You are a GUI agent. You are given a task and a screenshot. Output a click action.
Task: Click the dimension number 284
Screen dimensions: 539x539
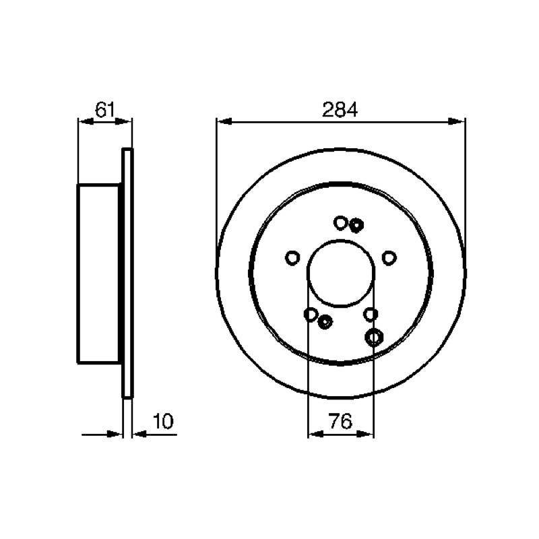(340, 110)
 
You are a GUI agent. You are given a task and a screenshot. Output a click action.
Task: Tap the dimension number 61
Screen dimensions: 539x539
(104, 110)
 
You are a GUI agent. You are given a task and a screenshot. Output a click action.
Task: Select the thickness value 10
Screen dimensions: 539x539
(163, 421)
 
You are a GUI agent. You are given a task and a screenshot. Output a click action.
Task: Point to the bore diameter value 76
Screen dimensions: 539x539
(341, 421)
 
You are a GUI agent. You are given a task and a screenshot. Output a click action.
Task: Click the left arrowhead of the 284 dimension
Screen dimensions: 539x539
(225, 121)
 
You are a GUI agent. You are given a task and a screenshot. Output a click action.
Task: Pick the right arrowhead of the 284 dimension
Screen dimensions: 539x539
(457, 121)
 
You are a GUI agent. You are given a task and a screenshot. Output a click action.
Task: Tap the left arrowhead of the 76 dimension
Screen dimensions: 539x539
(316, 434)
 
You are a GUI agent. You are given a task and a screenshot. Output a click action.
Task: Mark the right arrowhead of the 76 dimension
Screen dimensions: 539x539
(365, 434)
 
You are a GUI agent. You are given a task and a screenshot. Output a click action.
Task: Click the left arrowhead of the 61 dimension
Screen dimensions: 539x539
(86, 121)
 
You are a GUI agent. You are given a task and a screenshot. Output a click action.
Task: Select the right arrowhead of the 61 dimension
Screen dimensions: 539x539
(123, 121)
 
